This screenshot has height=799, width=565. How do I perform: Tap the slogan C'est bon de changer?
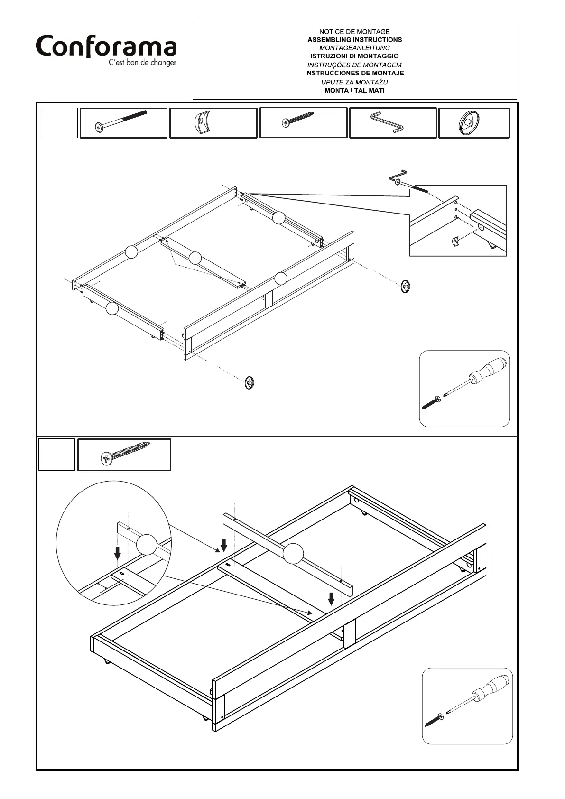[142, 63]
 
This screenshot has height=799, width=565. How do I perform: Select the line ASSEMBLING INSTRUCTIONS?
[354, 40]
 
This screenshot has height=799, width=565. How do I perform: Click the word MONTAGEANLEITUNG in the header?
[354, 48]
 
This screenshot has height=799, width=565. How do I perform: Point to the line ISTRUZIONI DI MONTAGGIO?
[354, 56]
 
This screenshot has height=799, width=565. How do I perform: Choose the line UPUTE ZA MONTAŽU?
[354, 82]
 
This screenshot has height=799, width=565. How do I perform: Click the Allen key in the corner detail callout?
[398, 176]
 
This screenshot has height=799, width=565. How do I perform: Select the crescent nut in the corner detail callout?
[455, 242]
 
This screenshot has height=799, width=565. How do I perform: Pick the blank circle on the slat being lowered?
[293, 553]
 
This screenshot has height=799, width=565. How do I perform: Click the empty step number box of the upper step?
[59, 123]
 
